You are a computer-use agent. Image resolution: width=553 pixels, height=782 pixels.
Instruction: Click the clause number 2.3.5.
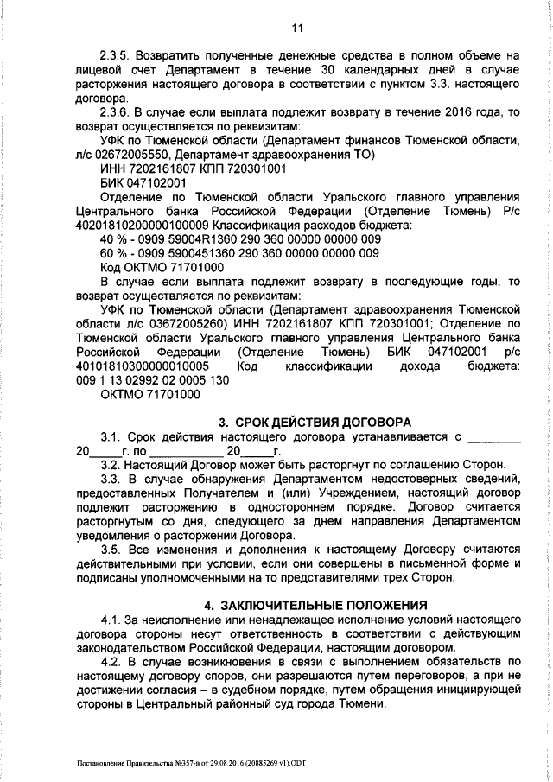pyautogui.click(x=117, y=54)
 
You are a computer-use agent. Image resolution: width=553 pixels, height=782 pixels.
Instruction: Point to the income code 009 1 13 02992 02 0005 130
pyautogui.click(x=152, y=380)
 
